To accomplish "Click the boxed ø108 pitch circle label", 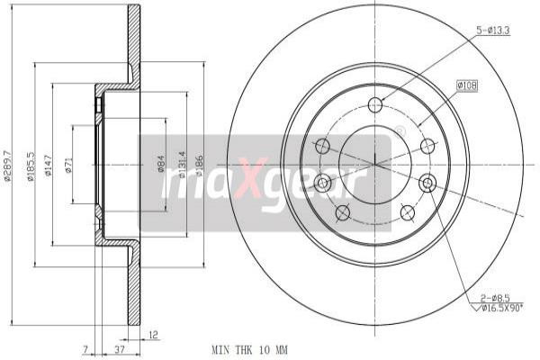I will tap(467, 85).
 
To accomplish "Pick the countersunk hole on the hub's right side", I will tap(428, 184).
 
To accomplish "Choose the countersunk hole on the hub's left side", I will tap(322, 184).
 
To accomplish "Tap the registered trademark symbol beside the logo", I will tap(400, 130).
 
